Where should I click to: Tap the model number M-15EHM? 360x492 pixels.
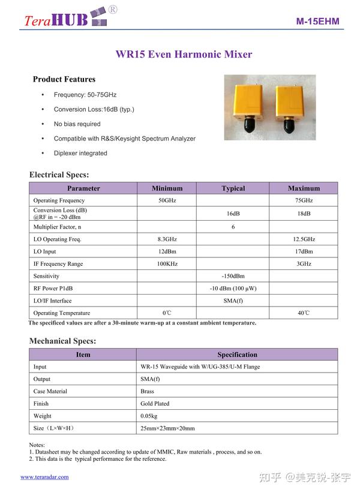point(317,22)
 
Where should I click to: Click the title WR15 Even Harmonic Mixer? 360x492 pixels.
point(184,55)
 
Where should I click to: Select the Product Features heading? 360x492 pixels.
point(64,79)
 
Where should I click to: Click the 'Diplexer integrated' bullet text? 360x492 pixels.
point(80,153)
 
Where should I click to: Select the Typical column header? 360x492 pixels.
point(233,188)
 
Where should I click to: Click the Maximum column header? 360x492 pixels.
point(304,188)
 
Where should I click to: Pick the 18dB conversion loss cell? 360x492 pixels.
point(304,214)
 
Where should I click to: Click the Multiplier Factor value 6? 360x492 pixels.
point(233,227)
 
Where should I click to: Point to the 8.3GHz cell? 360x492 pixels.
point(167,239)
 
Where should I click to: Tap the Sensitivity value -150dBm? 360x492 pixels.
point(233,276)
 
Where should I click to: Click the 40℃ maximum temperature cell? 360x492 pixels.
point(304,313)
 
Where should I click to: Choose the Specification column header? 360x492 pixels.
point(237,355)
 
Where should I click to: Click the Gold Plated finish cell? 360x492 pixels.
point(155,404)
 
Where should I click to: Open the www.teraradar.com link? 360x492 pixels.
point(44,477)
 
